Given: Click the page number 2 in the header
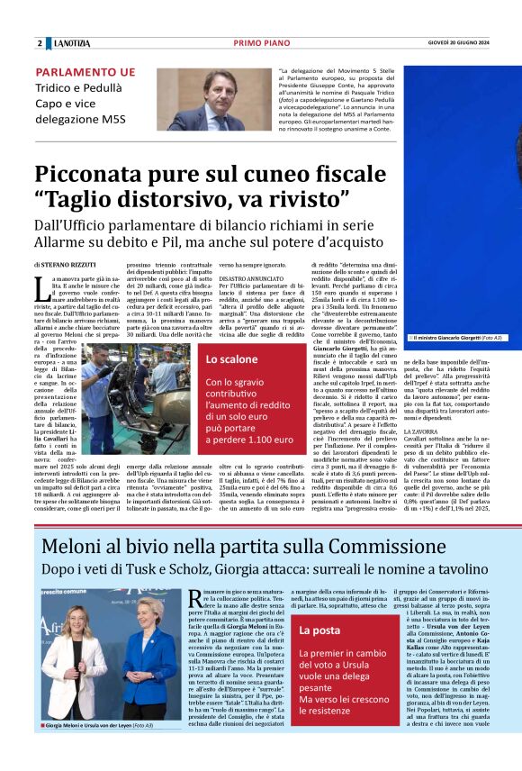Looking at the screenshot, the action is (40, 43).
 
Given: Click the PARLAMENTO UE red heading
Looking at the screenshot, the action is (85, 72).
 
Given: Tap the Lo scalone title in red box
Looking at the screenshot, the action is (232, 359).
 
